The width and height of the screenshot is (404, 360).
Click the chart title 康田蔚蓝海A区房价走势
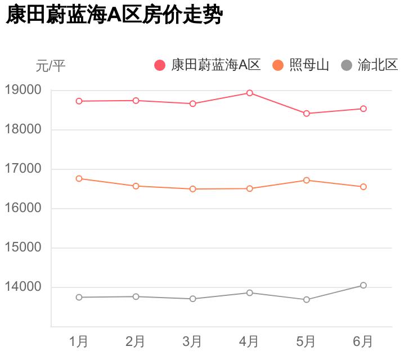pyautogui.click(x=115, y=15)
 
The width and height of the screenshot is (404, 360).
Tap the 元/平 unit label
pyautogui.click(x=51, y=66)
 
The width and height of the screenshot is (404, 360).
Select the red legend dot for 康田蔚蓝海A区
pyautogui.click(x=160, y=65)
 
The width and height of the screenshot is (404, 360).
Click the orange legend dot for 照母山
pyautogui.click(x=278, y=65)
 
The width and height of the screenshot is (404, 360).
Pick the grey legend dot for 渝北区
pyautogui.click(x=347, y=65)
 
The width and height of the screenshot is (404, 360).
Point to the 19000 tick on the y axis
pyautogui.click(x=23, y=90)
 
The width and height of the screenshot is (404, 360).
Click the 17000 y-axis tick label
pyautogui.click(x=23, y=169)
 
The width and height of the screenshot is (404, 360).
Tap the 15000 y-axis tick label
pyautogui.click(x=23, y=247)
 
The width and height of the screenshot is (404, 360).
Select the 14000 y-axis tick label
pyautogui.click(x=23, y=287)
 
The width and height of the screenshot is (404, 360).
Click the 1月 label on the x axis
pyautogui.click(x=79, y=341)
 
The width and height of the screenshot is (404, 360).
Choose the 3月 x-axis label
pyautogui.click(x=192, y=341)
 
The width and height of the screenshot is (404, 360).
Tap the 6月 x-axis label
pyautogui.click(x=363, y=341)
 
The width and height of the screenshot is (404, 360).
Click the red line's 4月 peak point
pyautogui.click(x=249, y=93)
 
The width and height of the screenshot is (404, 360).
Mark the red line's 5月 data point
pyautogui.click(x=306, y=114)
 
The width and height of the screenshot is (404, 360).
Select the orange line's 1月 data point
pyautogui.click(x=79, y=178)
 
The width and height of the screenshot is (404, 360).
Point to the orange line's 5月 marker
pyautogui.click(x=306, y=180)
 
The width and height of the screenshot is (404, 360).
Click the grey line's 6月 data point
pyautogui.click(x=363, y=285)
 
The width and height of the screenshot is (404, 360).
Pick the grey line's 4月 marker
pyautogui.click(x=249, y=292)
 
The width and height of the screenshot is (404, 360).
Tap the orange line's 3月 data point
pyautogui.click(x=192, y=189)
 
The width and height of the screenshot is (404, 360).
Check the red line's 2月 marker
pyautogui.click(x=136, y=101)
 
